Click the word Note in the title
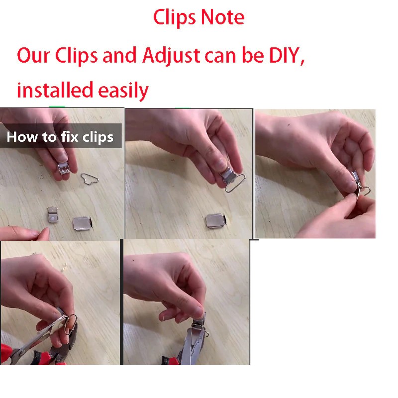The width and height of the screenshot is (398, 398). coord(222,17)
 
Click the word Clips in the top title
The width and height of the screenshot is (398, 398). coord(175,18)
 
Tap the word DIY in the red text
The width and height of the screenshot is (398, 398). coord(287,55)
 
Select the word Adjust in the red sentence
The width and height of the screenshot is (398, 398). coord(171,55)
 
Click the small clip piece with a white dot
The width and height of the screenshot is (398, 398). coord(53,215)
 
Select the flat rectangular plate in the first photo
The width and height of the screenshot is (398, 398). coord(82,223)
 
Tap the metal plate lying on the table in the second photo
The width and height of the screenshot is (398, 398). coord(216,220)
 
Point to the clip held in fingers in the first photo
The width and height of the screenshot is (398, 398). coord(64,169)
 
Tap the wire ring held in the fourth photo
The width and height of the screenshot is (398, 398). coord(72,324)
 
